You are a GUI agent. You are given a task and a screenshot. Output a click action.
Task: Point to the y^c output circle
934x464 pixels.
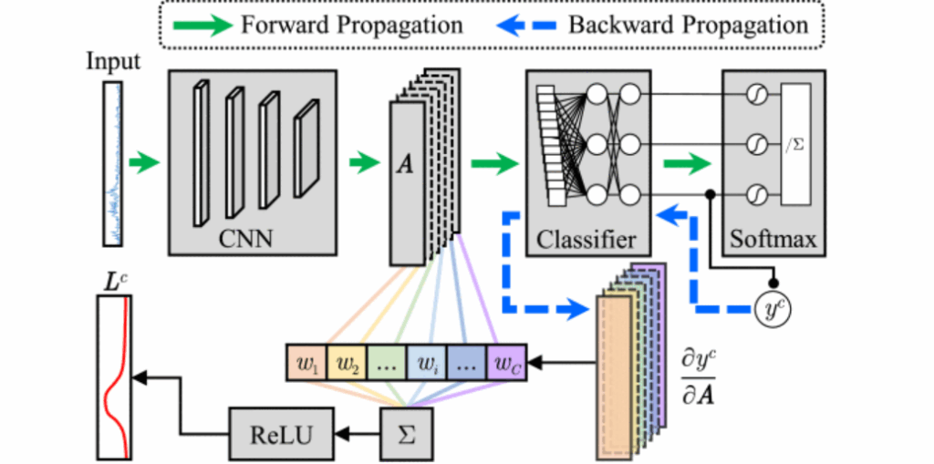pos(773,311)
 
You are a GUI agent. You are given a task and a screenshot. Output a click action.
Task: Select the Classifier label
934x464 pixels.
pos(586,240)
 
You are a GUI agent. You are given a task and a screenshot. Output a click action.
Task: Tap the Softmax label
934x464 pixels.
pos(773,240)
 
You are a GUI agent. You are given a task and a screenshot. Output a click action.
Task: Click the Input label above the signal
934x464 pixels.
pos(113,63)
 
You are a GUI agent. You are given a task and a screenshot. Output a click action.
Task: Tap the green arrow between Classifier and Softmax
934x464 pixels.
pos(685,165)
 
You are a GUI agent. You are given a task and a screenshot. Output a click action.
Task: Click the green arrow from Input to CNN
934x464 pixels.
pos(144,165)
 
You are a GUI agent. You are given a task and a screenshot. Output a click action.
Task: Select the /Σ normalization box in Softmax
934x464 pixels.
pos(794,144)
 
